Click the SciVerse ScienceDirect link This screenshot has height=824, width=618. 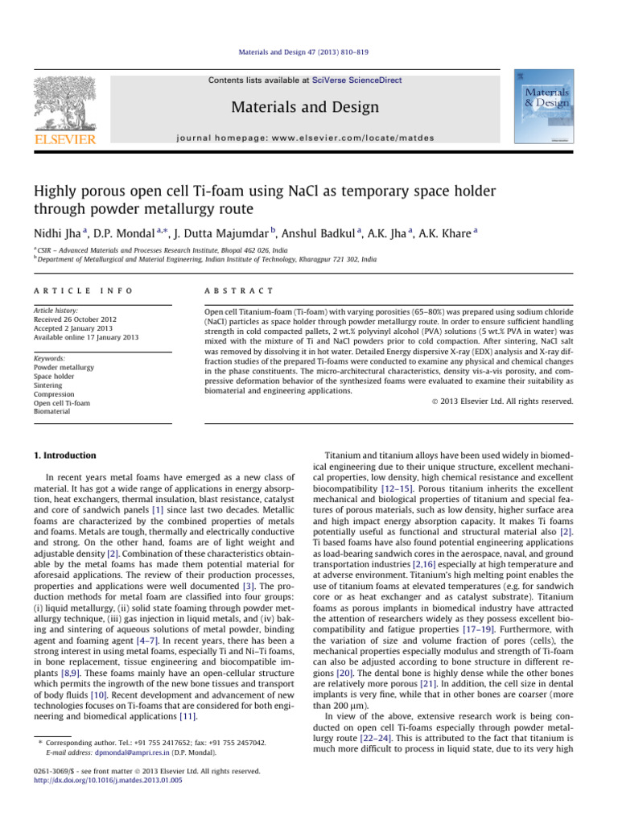tap(360, 80)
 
